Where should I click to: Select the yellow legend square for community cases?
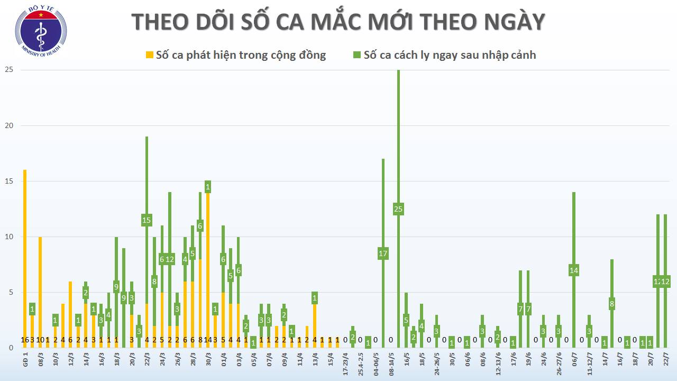click(x=150, y=55)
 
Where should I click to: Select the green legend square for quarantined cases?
click(x=357, y=55)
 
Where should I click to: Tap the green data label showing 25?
click(x=398, y=209)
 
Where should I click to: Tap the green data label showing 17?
click(x=383, y=253)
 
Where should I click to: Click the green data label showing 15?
click(x=147, y=220)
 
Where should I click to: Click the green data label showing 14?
click(x=574, y=270)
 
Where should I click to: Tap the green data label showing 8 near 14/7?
click(x=612, y=304)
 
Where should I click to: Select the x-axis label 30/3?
click(x=208, y=361)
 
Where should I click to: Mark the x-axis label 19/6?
click(x=528, y=361)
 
